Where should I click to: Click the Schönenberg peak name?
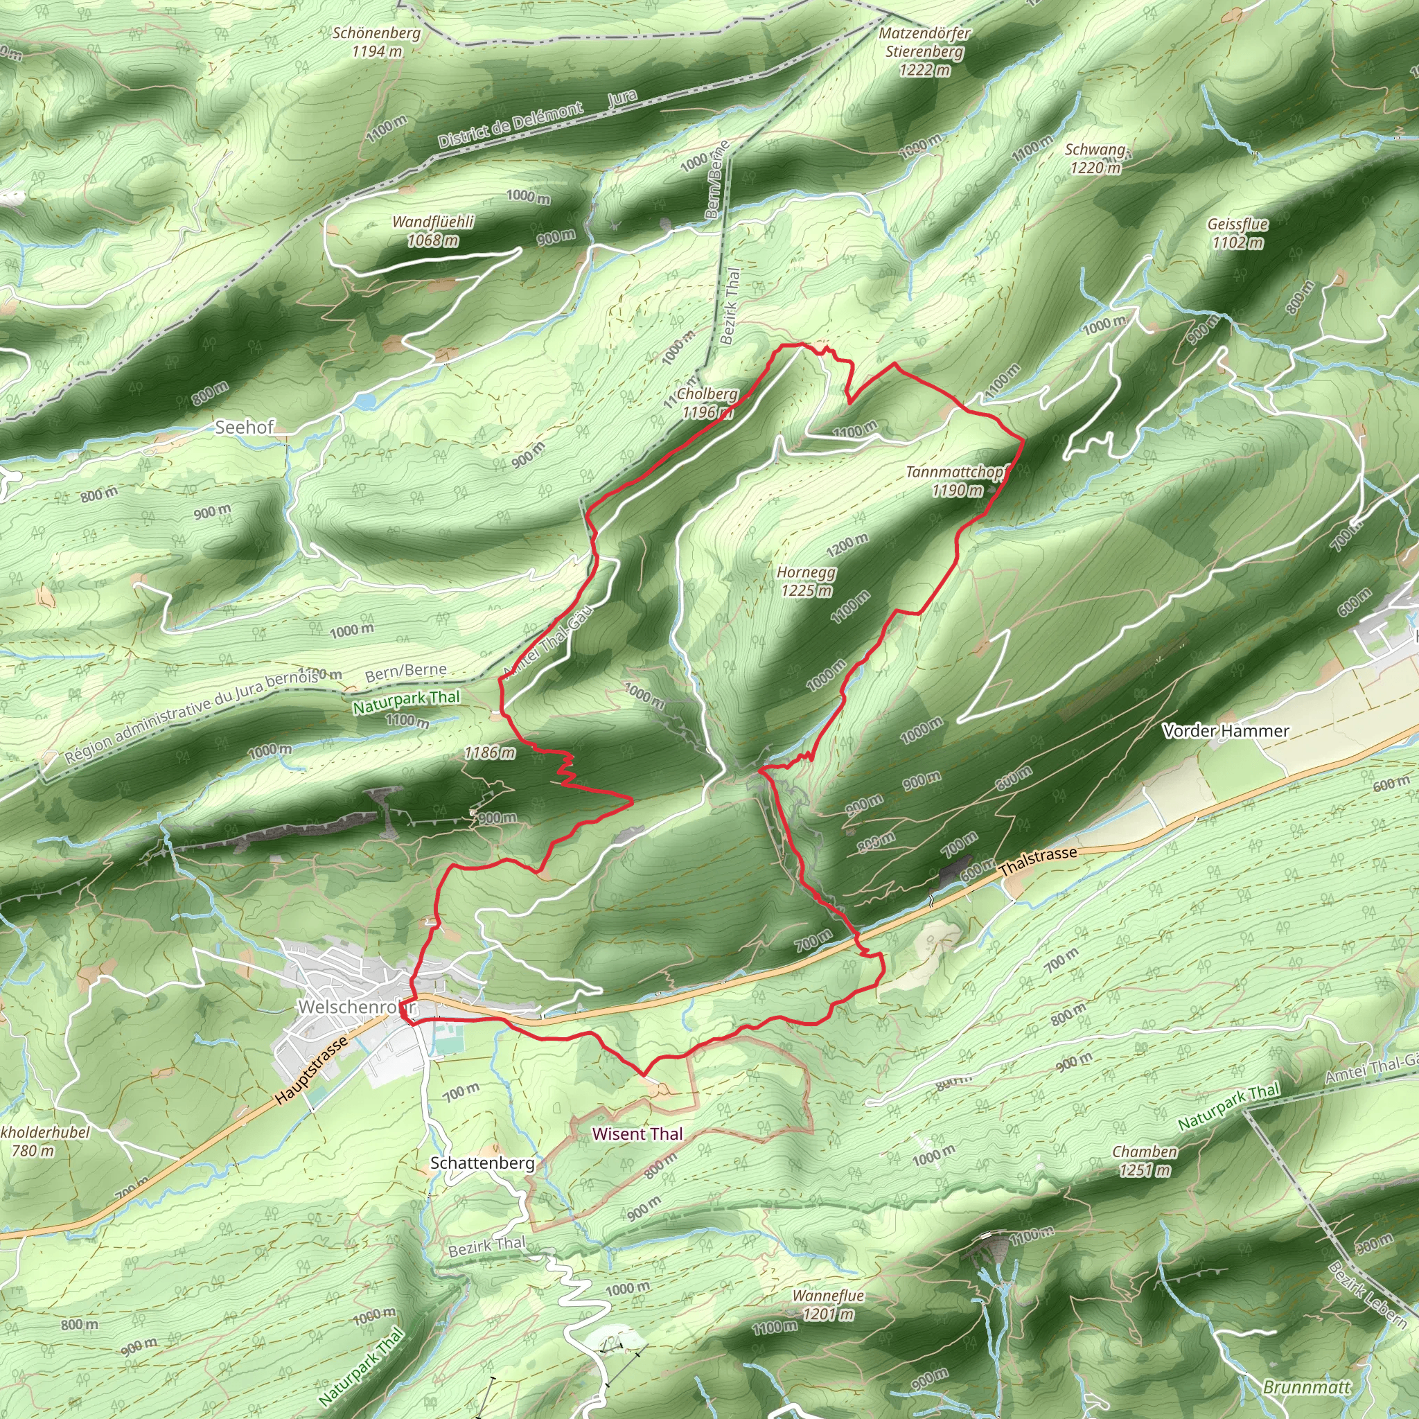coord(376,33)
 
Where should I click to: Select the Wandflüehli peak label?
coord(432,222)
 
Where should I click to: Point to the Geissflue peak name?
coord(1237,224)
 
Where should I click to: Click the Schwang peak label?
coord(1095,150)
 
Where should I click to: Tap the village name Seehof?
coord(244,428)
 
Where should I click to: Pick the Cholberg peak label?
coord(707,394)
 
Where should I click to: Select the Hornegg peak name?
coord(806,572)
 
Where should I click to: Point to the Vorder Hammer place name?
coord(1226,731)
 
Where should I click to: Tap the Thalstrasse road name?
coord(1037,860)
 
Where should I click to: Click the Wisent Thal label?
coord(637,1134)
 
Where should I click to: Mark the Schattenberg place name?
coord(482,1163)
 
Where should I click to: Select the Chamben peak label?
coord(1145,1152)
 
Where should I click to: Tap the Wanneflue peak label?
coord(828,1296)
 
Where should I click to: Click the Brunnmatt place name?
coord(1307,1386)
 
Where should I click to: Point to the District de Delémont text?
coord(511,125)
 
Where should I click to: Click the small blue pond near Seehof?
coord(365,401)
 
